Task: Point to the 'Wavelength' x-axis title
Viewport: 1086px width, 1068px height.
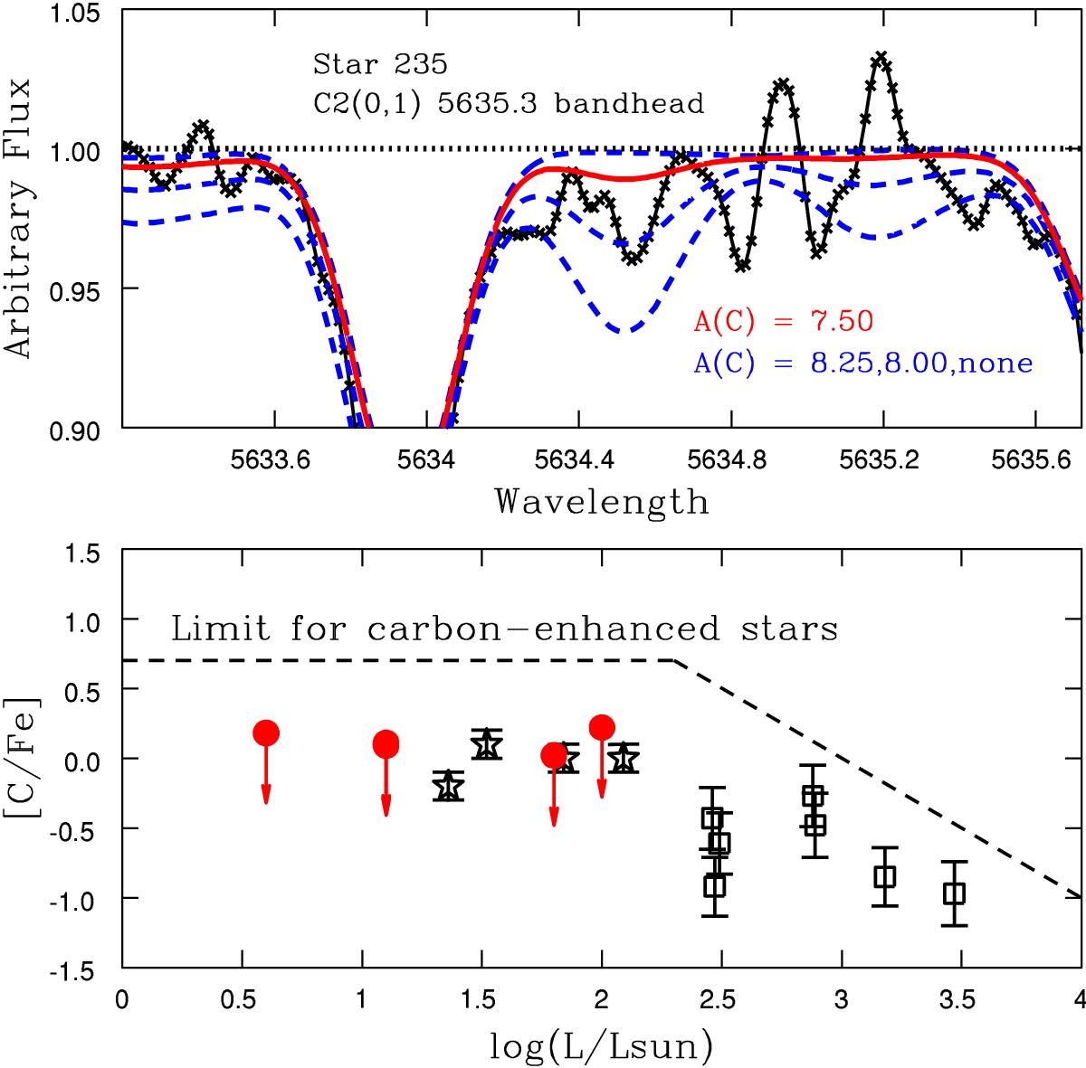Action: [602, 501]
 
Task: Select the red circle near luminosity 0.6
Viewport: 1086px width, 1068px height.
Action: [266, 732]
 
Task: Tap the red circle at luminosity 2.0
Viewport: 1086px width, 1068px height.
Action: [602, 727]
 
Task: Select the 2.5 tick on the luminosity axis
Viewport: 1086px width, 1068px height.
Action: [721, 1001]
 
